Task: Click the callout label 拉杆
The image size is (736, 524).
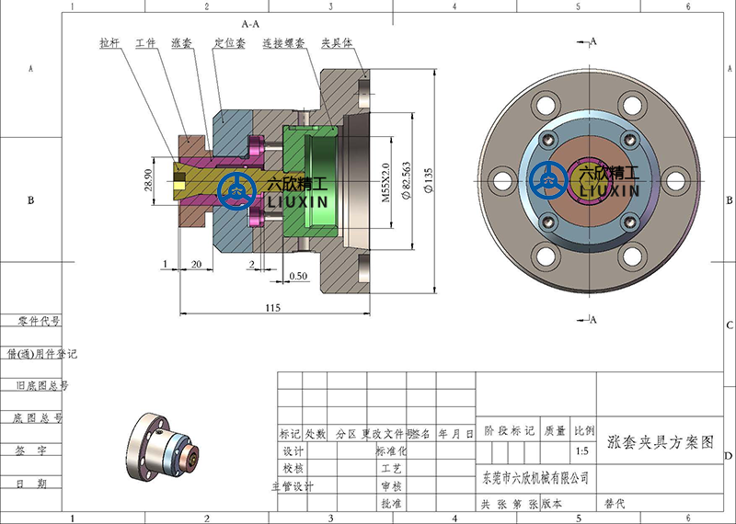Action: [x=110, y=42]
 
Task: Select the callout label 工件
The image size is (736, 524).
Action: [x=145, y=42]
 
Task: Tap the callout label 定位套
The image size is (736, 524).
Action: [x=228, y=42]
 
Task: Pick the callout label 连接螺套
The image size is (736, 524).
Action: [x=281, y=42]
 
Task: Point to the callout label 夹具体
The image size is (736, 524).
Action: [x=335, y=42]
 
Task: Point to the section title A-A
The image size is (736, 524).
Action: [x=250, y=20]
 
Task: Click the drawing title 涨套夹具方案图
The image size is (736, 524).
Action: [x=661, y=441]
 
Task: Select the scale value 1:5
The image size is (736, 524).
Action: [x=582, y=451]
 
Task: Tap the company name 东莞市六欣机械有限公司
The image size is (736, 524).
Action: [x=535, y=478]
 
